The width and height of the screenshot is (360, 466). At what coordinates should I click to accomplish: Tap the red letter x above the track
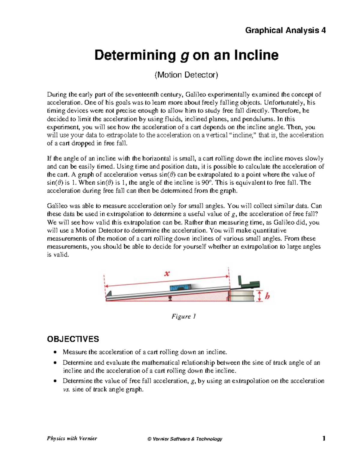(167, 274)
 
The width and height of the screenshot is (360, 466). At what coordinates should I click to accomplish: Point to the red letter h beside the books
(267, 296)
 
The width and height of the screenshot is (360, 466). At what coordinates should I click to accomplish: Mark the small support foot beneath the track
(170, 298)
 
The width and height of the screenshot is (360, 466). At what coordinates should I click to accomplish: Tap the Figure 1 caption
(184, 317)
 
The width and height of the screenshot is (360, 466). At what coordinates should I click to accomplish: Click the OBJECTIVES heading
(73, 339)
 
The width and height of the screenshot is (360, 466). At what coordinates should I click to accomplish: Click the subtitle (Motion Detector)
(186, 75)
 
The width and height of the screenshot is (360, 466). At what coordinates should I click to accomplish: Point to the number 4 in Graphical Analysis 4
(323, 30)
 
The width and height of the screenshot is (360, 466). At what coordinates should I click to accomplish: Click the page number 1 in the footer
(324, 439)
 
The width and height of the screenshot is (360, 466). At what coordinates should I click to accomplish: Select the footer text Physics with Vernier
(72, 438)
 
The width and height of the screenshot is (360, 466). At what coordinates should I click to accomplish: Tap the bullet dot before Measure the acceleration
(55, 352)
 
